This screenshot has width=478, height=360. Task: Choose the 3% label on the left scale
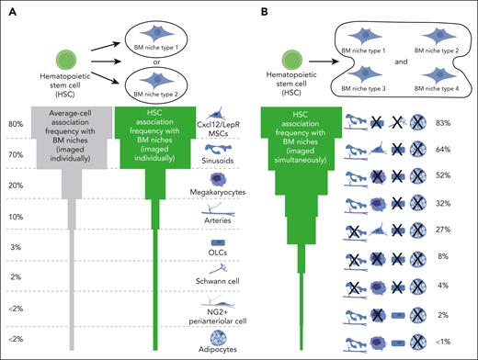16,248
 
